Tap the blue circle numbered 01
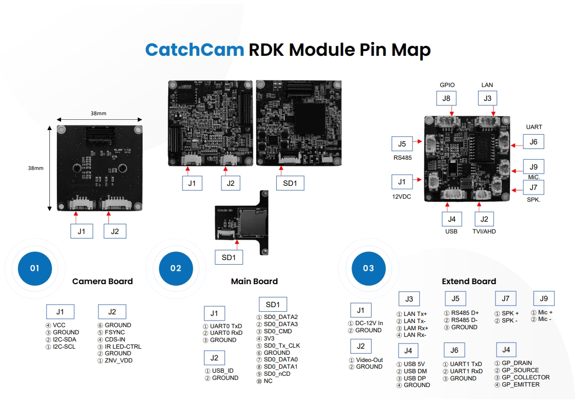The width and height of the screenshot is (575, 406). [x=34, y=268]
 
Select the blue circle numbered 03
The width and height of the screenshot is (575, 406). [x=368, y=268]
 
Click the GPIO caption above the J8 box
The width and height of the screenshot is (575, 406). [x=447, y=85]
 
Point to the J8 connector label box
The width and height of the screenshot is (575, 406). [x=447, y=99]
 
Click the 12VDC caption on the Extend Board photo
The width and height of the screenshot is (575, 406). [x=402, y=197]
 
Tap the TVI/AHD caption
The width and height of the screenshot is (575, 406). [x=484, y=231]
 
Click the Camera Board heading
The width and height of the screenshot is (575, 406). [x=102, y=281]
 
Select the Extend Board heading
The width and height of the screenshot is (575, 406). [x=469, y=281]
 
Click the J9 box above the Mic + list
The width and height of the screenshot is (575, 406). [x=544, y=299]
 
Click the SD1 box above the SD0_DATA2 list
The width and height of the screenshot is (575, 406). [x=273, y=304]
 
